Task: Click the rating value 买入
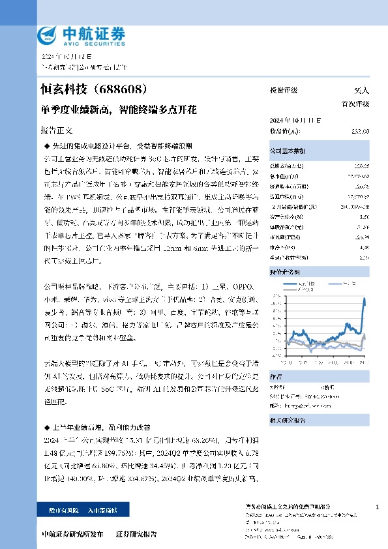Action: (x=361, y=91)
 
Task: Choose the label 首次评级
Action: (x=356, y=104)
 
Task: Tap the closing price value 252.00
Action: (x=360, y=131)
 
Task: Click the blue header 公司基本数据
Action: (x=288, y=150)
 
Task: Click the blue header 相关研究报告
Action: (x=288, y=421)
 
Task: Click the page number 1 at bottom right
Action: (x=378, y=507)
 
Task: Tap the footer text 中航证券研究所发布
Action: (x=71, y=534)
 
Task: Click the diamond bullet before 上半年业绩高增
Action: (x=46, y=426)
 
